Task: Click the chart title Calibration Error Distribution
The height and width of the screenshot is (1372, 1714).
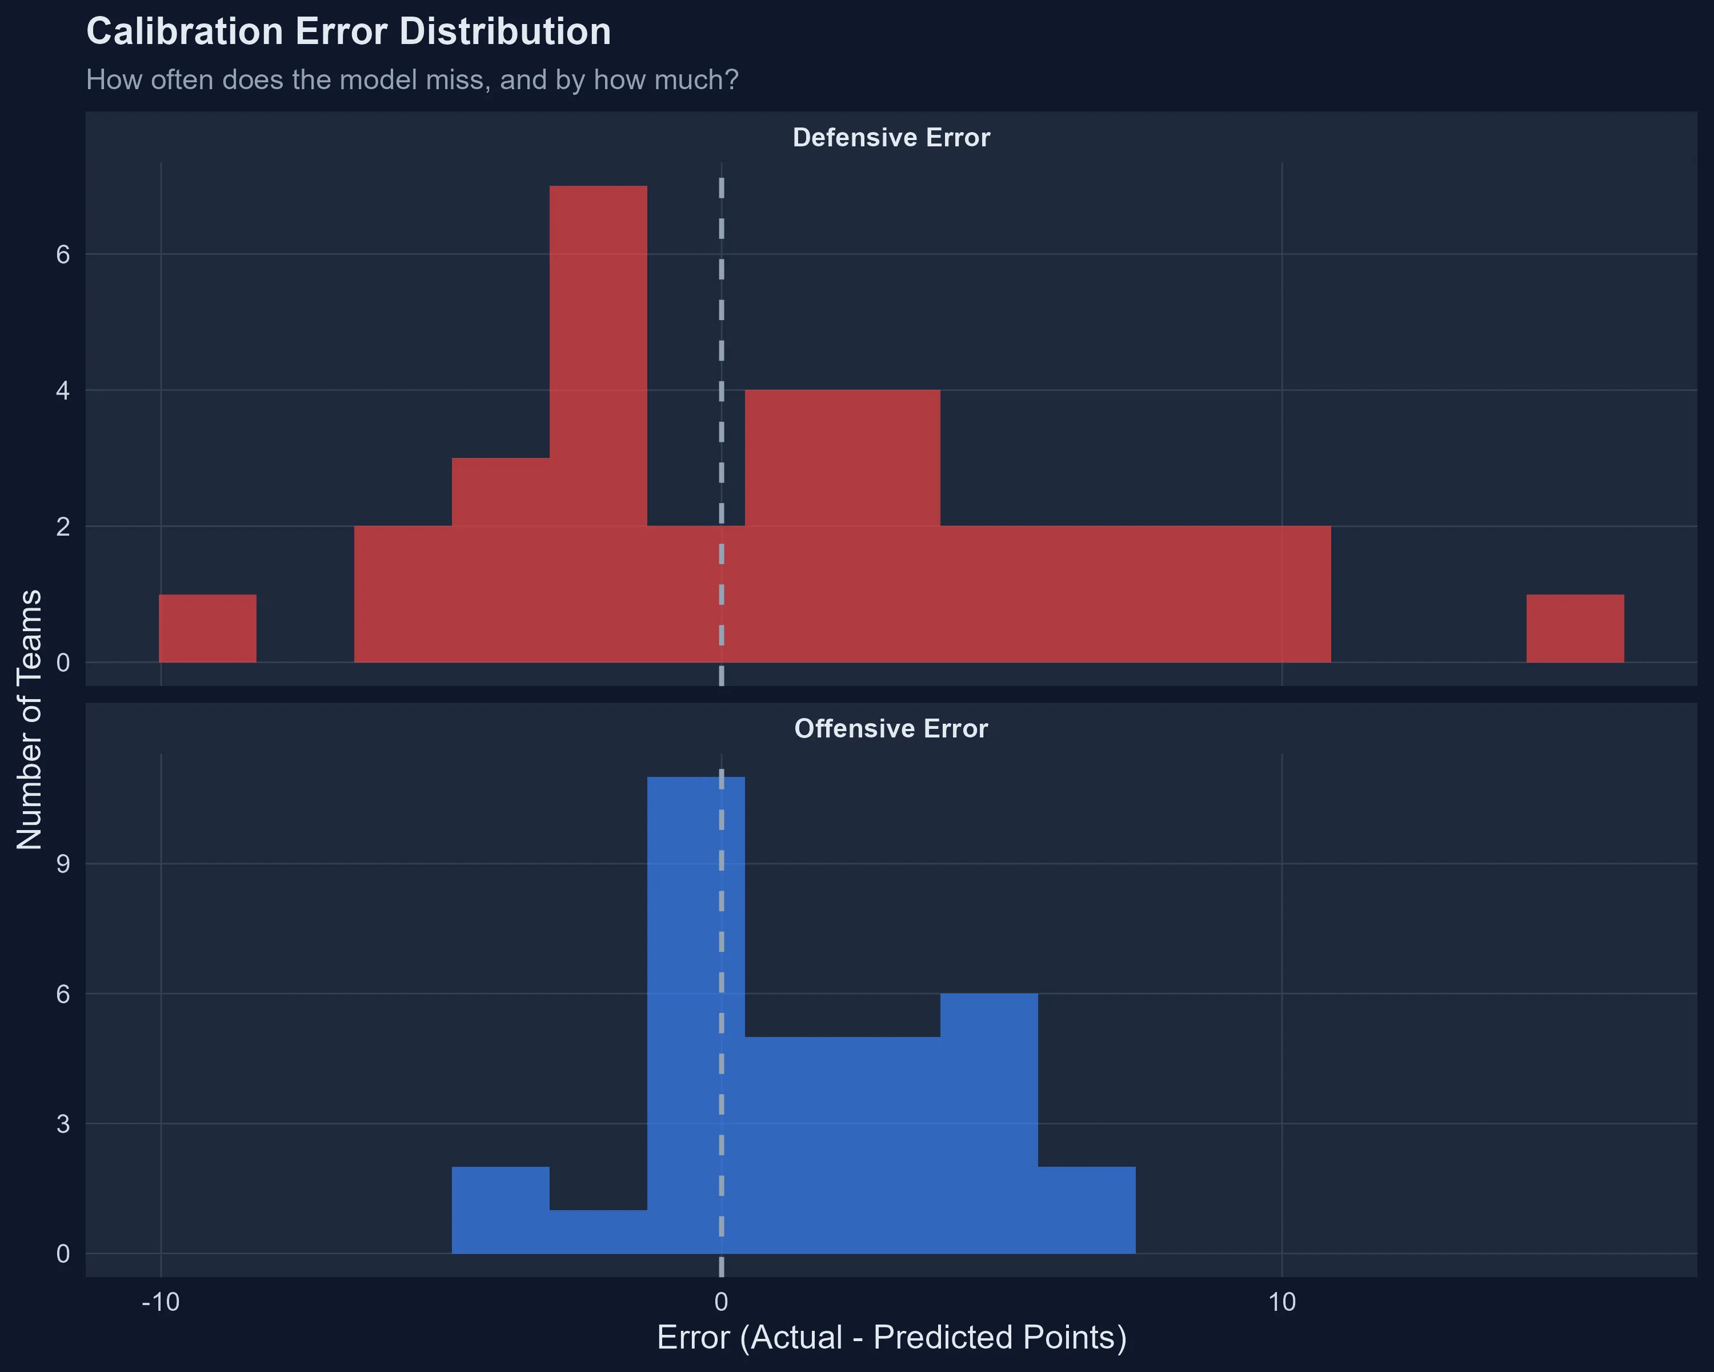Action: coord(348,33)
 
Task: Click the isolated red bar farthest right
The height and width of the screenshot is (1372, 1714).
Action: coord(1574,628)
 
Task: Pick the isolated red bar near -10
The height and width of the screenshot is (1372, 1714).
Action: coord(207,628)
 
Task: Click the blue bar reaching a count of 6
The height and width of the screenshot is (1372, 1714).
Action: coord(988,1122)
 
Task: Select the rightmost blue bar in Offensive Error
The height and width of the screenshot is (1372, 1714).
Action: coord(1086,1210)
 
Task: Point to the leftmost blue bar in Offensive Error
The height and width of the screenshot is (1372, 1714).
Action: coord(500,1210)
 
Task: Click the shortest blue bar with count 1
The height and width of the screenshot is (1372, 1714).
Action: coord(598,1231)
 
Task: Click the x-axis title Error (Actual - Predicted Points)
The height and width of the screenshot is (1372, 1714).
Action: coord(891,1337)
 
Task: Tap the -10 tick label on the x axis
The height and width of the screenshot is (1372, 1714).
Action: coord(161,1302)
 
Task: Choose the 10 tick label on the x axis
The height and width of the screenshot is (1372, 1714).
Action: coord(1282,1302)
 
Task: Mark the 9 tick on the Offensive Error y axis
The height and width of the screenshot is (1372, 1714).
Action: coord(63,864)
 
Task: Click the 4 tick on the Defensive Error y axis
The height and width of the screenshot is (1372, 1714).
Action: coord(63,390)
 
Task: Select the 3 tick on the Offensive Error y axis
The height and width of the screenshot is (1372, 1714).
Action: coord(63,1124)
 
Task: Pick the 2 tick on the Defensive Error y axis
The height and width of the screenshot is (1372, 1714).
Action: coord(63,527)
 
